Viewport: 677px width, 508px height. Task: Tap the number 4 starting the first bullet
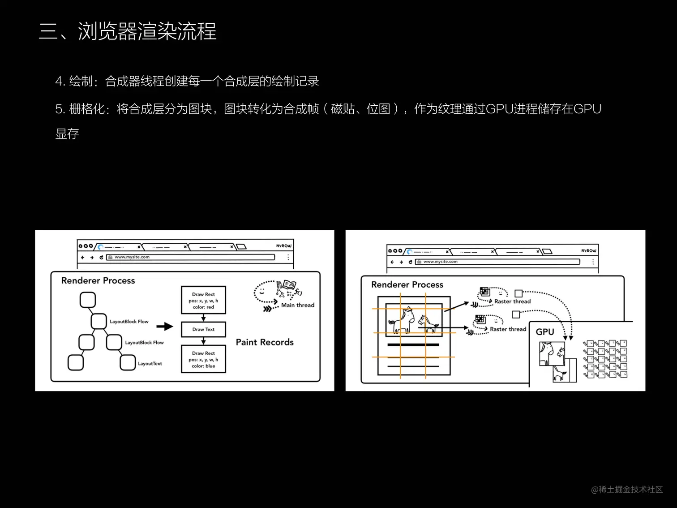point(58,82)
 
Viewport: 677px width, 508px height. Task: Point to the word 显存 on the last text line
point(67,133)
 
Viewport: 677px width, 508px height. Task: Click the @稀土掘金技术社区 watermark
point(626,490)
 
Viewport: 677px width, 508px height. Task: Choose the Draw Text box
point(203,329)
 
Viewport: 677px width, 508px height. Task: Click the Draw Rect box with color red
point(203,301)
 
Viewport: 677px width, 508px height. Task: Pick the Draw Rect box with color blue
point(203,359)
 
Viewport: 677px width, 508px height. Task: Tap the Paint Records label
point(265,342)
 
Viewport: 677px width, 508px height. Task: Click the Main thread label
point(298,305)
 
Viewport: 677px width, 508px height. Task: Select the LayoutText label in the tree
point(150,364)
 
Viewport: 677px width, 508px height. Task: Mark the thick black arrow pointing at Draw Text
point(165,327)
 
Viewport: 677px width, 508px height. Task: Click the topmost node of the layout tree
point(88,300)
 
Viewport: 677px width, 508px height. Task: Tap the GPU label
point(545,332)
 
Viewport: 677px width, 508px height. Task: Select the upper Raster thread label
point(512,301)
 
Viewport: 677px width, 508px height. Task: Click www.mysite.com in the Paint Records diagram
point(132,257)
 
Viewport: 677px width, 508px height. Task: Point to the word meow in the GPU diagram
point(589,250)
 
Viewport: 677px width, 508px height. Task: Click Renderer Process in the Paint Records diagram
point(98,281)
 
